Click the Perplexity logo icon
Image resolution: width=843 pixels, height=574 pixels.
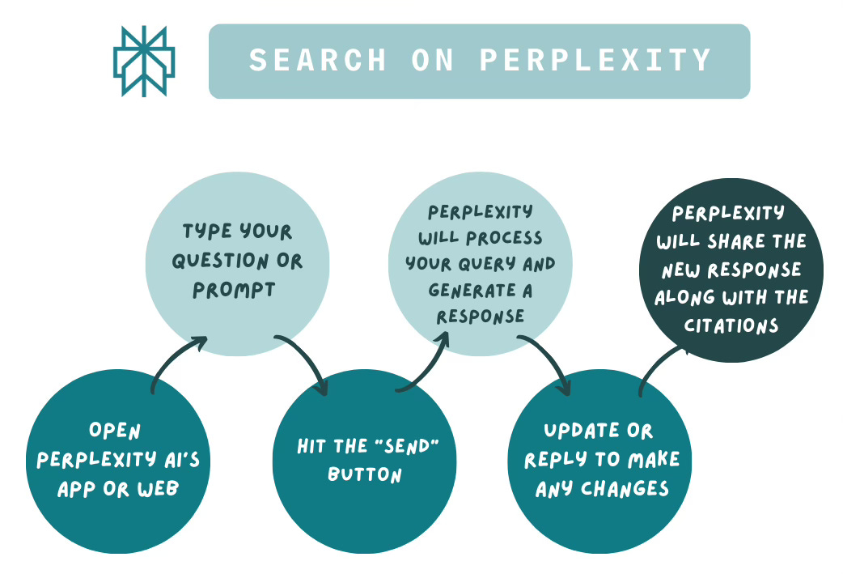point(144,62)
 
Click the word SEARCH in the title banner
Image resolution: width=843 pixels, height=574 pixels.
point(305,61)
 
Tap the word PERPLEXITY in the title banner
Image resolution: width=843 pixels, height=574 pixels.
point(595,61)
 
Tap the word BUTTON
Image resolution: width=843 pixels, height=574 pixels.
point(365,474)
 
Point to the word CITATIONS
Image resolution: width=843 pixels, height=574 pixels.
point(731,325)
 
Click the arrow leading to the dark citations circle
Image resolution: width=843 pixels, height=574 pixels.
point(659,368)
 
